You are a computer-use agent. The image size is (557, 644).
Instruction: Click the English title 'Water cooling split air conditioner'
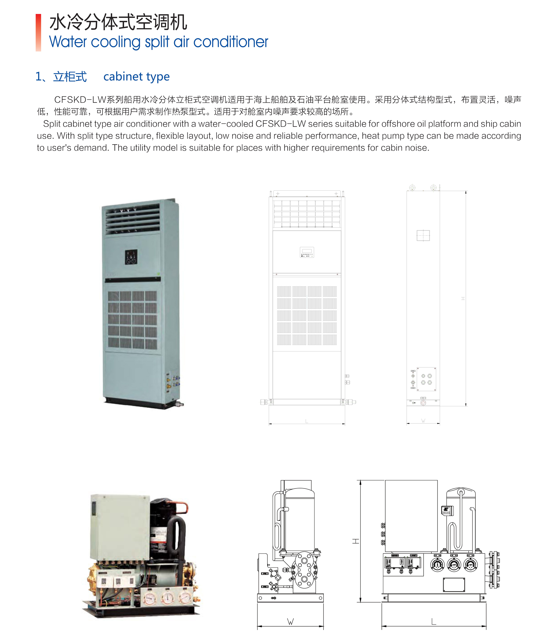click(158, 42)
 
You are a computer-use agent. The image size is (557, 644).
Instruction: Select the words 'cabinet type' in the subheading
click(136, 77)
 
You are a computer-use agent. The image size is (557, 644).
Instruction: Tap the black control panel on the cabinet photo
click(131, 257)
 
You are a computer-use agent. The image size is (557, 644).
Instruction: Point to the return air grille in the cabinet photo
click(132, 319)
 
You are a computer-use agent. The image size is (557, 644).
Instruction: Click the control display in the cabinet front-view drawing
click(307, 252)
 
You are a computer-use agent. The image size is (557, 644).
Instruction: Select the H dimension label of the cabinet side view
click(463, 299)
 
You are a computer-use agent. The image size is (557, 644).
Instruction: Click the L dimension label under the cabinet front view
click(307, 421)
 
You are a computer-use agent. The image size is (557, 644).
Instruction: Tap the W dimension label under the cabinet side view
click(423, 421)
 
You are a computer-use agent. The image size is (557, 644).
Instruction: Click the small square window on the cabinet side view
click(423, 235)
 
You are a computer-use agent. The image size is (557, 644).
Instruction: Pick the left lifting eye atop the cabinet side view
click(412, 188)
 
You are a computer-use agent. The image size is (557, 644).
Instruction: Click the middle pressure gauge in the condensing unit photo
click(168, 598)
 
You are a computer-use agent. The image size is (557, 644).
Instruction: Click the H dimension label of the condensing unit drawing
click(356, 541)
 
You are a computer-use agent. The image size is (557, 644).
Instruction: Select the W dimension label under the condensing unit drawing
click(290, 622)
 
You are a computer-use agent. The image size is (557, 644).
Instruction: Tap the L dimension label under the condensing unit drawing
click(434, 622)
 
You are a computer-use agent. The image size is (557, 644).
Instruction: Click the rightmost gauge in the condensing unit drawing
click(470, 564)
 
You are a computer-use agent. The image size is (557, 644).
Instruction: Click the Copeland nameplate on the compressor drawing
click(446, 511)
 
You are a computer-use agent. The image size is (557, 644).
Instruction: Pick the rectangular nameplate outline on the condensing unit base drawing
click(454, 585)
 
